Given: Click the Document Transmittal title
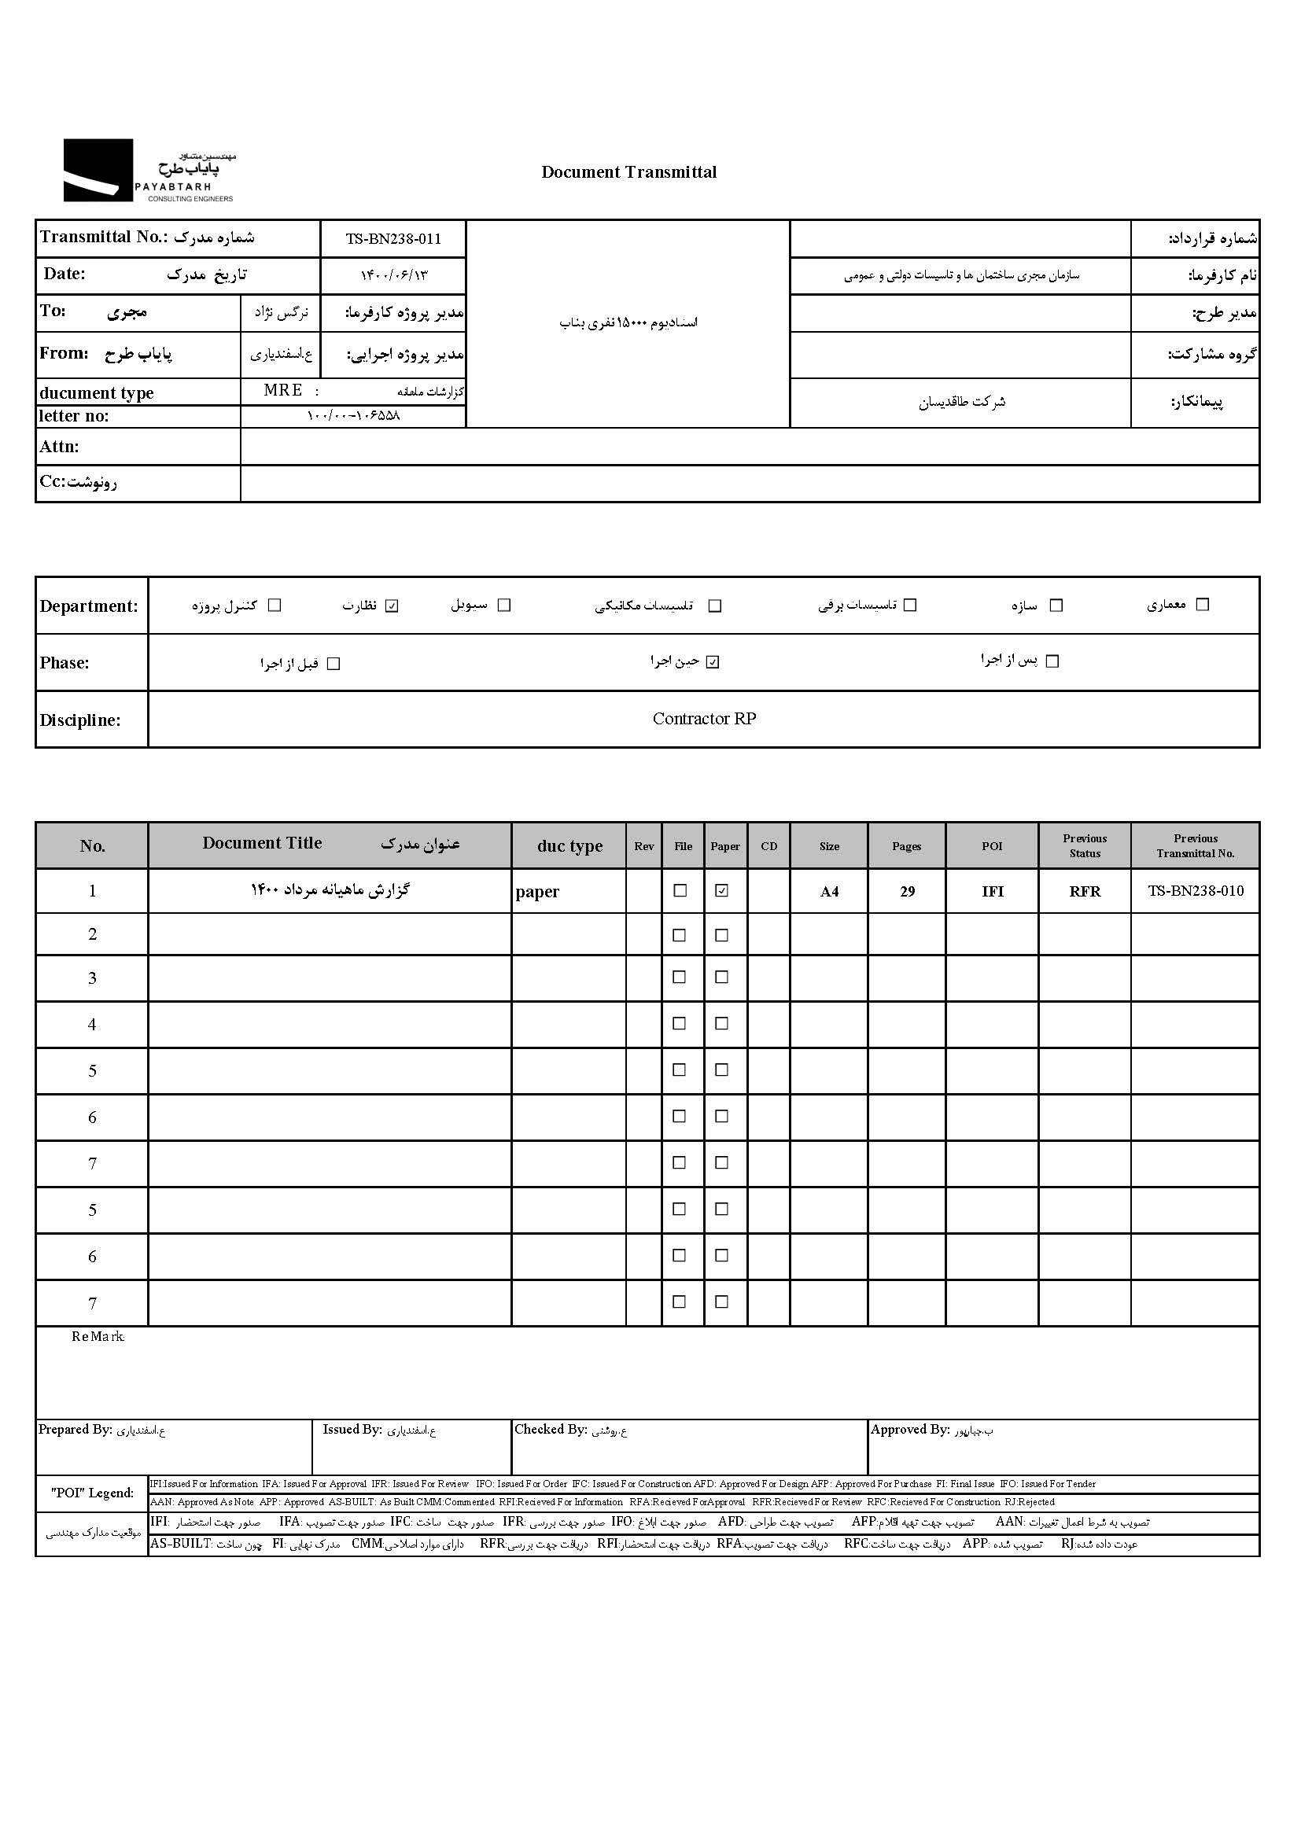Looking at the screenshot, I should click(x=629, y=172).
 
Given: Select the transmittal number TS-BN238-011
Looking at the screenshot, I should click(x=393, y=238).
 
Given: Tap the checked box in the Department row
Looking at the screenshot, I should click(x=392, y=606).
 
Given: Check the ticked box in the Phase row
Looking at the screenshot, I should click(x=713, y=662).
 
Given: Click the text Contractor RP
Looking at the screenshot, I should click(x=704, y=718).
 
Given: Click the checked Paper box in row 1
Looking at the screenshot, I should click(x=722, y=890).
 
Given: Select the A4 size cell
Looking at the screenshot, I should click(x=829, y=891).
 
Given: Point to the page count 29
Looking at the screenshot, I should click(x=907, y=891).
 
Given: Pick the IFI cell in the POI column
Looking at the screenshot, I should click(x=992, y=891).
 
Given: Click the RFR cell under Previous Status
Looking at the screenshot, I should click(x=1085, y=891).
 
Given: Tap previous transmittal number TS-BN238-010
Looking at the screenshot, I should click(x=1196, y=890).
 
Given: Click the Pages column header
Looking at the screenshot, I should click(x=907, y=845).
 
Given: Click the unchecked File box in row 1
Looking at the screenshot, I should click(x=680, y=890).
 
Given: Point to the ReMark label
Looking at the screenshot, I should click(x=98, y=1337).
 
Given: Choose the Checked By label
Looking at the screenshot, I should click(x=551, y=1430).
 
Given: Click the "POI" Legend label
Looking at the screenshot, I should click(x=92, y=1493).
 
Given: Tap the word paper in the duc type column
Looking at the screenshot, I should click(x=536, y=892).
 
